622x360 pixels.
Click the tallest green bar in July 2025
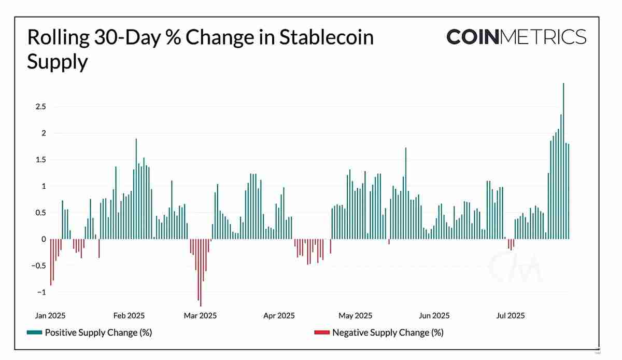click(x=563, y=161)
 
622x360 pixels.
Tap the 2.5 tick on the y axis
click(x=41, y=107)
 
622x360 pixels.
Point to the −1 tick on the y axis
click(x=40, y=292)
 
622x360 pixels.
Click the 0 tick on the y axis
click(x=44, y=239)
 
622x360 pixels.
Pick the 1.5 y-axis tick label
click(x=41, y=160)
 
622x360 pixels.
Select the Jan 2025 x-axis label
click(x=50, y=315)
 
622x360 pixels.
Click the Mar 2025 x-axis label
click(x=201, y=315)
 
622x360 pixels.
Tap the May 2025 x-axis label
click(x=355, y=315)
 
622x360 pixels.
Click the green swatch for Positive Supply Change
click(x=34, y=333)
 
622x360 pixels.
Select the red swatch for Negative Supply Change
click(x=321, y=333)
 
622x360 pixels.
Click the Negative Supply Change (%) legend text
click(x=388, y=333)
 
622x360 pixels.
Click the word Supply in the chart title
click(x=57, y=62)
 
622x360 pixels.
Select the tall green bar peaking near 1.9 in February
click(x=136, y=189)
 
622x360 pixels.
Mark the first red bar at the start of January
click(x=51, y=262)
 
